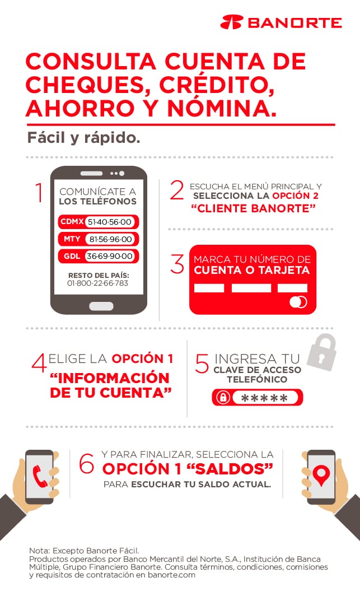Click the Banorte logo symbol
point(232,22)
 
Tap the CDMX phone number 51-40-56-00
point(110,222)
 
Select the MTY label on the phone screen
point(72,239)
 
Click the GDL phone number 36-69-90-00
point(110,256)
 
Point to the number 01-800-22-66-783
point(97,283)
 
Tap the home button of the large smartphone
point(101,306)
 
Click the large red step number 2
point(177,190)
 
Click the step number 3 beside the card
point(177,264)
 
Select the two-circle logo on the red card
point(298,302)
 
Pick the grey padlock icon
point(322,352)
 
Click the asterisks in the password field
point(264,398)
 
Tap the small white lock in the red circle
point(222,398)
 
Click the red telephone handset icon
point(40,477)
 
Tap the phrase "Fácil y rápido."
point(83,138)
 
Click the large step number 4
point(39,363)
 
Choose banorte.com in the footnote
point(171,575)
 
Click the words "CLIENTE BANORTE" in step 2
point(253,208)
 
